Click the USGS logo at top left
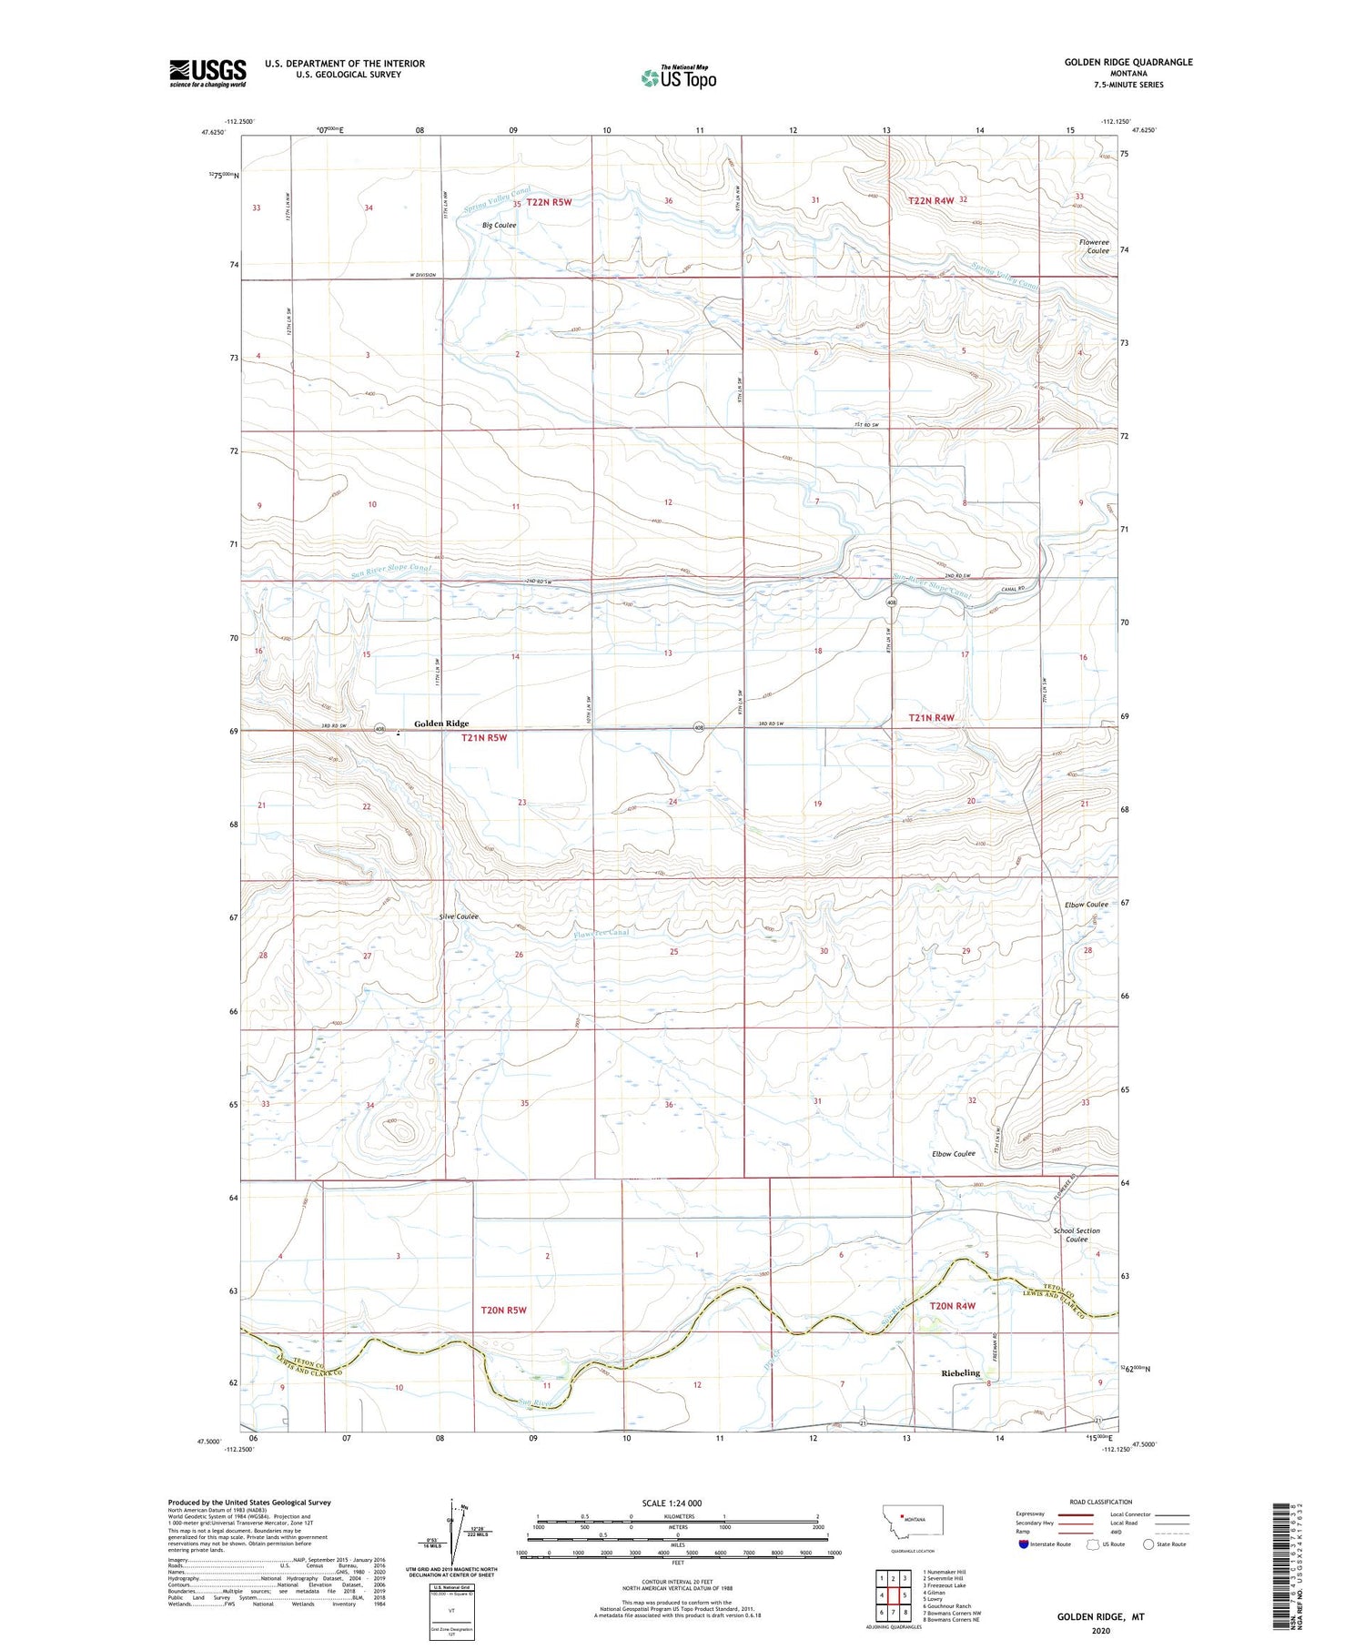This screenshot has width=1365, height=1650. coord(207,73)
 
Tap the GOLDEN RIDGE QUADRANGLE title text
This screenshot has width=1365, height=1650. coord(1127,62)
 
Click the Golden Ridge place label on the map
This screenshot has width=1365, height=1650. coord(441,724)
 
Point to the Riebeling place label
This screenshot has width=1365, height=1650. coord(960,1372)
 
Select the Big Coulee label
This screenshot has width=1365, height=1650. coord(499,225)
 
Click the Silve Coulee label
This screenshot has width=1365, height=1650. coord(459,916)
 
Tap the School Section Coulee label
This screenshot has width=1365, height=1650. coord(1077,1235)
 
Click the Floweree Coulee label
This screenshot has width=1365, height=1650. coord(1094,246)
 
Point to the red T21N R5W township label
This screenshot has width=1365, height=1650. coord(483,738)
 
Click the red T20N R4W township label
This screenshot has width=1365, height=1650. coord(952,1306)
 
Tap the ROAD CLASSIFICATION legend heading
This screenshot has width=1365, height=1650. coord(1100,1502)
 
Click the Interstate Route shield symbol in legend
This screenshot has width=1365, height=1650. coord(1023,1544)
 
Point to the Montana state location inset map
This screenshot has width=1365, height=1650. coord(913,1521)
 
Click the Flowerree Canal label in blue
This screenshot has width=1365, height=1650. coord(601,933)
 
